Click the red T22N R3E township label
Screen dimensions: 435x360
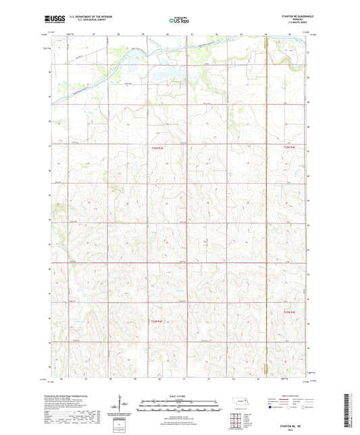[157, 322]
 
